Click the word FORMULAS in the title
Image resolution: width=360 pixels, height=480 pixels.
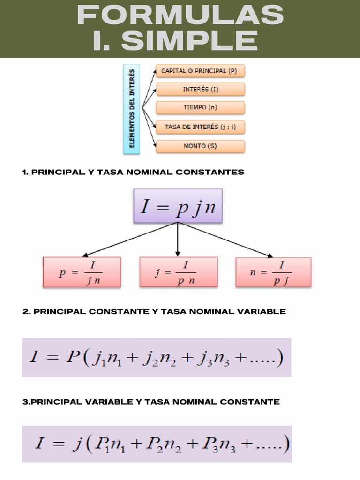pyautogui.click(x=180, y=15)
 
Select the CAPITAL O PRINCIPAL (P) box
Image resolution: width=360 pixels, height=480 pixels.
pyautogui.click(x=200, y=71)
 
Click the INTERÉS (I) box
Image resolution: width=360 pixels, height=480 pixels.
pyautogui.click(x=200, y=89)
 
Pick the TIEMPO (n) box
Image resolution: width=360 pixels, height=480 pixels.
pyautogui.click(x=200, y=107)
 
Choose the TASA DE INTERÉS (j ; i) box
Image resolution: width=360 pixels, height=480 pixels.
pyautogui.click(x=200, y=127)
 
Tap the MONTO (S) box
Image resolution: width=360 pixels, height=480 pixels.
pyautogui.click(x=200, y=146)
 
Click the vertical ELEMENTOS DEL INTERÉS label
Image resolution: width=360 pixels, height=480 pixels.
pyautogui.click(x=132, y=109)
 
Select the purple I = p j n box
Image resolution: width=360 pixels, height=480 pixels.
pyautogui.click(x=178, y=206)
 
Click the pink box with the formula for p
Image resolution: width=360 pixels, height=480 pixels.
pyautogui.click(x=82, y=272)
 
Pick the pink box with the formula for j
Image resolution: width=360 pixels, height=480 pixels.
pyautogui.click(x=178, y=272)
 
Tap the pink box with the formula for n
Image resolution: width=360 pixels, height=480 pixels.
pyautogui.click(x=273, y=272)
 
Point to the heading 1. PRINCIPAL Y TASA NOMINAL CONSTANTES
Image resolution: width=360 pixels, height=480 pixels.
pyautogui.click(x=133, y=172)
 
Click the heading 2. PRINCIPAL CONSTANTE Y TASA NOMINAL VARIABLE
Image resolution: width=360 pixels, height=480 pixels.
pyautogui.click(x=154, y=311)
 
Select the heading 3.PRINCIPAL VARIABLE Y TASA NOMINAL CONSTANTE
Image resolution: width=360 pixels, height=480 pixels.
pyautogui.click(x=151, y=402)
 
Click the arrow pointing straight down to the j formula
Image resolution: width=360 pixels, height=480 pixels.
pyautogui.click(x=178, y=239)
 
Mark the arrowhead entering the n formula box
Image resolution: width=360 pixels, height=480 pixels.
pyautogui.click(x=270, y=255)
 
